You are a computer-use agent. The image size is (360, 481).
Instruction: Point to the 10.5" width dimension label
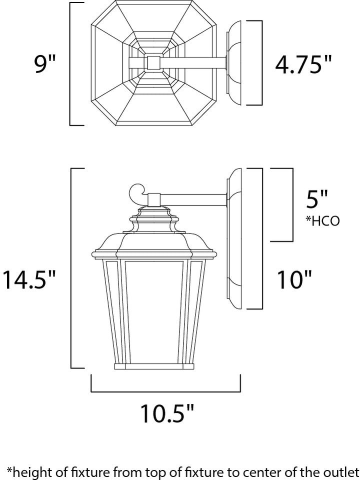point(167,413)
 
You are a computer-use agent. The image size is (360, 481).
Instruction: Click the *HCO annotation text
point(322,220)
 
